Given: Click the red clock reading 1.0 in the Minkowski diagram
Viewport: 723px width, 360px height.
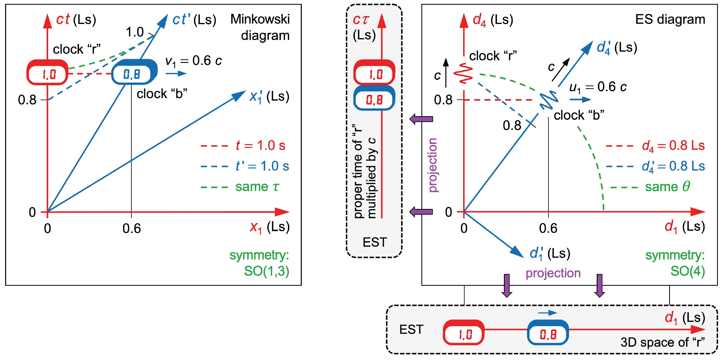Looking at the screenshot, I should pyautogui.click(x=47, y=73).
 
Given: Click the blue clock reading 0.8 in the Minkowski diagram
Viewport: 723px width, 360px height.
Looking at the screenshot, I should pyautogui.click(x=133, y=73).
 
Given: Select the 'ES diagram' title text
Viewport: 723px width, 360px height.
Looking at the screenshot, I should pyautogui.click(x=670, y=20).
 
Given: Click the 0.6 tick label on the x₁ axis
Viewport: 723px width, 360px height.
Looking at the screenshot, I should pyautogui.click(x=131, y=228).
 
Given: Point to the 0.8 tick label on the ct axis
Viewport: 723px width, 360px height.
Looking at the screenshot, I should pyautogui.click(x=27, y=100).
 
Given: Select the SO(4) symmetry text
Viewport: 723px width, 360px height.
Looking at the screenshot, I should pyautogui.click(x=687, y=271).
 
